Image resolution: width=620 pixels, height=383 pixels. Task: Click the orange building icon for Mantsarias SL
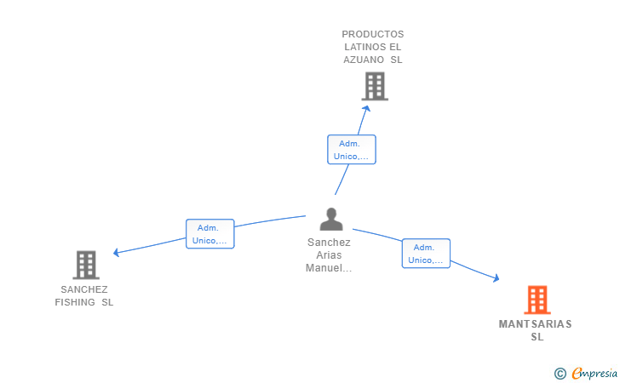(x=537, y=300)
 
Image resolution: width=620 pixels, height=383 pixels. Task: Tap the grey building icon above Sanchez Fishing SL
(x=86, y=265)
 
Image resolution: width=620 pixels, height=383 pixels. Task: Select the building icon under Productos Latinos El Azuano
(x=375, y=86)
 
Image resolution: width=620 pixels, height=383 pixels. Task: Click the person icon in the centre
(x=330, y=220)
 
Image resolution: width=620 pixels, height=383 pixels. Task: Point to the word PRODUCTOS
(x=373, y=35)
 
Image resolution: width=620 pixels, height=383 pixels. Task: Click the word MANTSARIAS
(x=536, y=324)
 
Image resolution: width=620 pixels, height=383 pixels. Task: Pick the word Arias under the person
(x=329, y=255)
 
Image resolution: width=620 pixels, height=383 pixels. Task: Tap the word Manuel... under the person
(x=329, y=268)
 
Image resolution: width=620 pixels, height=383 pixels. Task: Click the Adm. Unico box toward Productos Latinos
(x=352, y=150)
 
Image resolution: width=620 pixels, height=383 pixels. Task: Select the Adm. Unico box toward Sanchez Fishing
(x=210, y=234)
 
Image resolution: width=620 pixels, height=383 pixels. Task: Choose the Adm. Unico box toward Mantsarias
(x=426, y=254)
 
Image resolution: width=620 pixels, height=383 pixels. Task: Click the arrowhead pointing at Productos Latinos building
(x=367, y=107)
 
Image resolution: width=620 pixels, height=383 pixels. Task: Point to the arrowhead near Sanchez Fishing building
(x=117, y=253)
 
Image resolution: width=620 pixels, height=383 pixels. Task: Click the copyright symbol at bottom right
(x=560, y=373)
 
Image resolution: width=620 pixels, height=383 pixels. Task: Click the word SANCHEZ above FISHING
(x=84, y=289)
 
